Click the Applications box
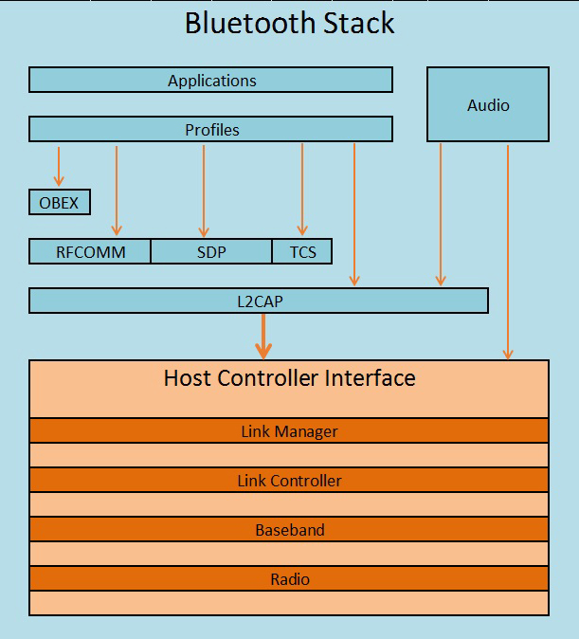click(210, 80)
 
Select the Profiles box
click(210, 129)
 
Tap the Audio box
click(488, 104)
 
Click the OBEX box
click(60, 202)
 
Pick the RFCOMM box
click(90, 251)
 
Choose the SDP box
click(211, 251)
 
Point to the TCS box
click(302, 251)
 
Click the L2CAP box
click(259, 301)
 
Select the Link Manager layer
click(289, 430)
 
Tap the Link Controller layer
click(289, 480)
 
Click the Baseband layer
click(289, 529)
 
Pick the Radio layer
click(289, 578)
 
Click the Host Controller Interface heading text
click(289, 377)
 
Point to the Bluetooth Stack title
click(289, 23)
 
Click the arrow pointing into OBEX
click(59, 166)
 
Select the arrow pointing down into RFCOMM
click(117, 191)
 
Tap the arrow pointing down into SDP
click(204, 191)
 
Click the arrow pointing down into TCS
click(302, 189)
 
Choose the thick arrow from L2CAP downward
click(263, 337)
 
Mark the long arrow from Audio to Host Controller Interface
click(508, 252)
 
